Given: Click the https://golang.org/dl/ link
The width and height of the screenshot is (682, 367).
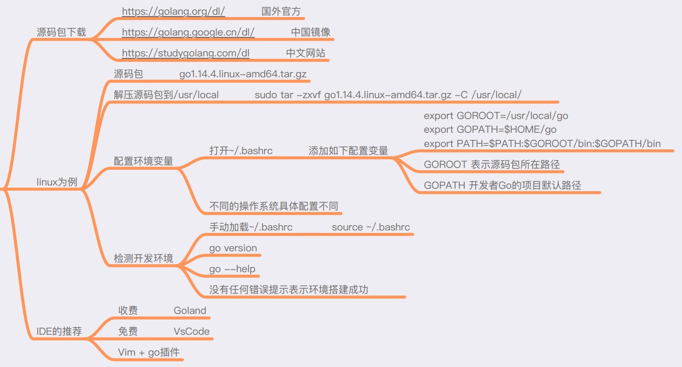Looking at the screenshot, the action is pos(173,11).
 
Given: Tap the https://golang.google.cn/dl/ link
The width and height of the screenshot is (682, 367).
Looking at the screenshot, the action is pos(188,32).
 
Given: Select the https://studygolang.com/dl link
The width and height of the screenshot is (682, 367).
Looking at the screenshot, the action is pos(185,53).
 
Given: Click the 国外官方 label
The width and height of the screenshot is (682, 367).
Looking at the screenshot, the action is pos(281,11).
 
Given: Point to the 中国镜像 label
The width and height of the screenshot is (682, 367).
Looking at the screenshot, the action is pos(311,32).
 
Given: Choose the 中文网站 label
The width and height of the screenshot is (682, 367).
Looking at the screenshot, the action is pos(305,53).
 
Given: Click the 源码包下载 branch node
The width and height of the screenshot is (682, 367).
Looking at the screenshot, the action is pos(62,32).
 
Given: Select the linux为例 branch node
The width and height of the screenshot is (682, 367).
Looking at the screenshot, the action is pos(57,182).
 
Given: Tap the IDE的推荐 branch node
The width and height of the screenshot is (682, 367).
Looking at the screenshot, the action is pos(59,331).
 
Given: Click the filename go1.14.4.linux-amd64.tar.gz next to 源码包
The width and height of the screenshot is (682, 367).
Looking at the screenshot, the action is pos(243,74).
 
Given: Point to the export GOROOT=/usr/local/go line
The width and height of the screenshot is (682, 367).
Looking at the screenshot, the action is pos(496,116).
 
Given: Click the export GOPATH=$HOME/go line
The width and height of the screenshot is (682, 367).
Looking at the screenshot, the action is pos(490,129).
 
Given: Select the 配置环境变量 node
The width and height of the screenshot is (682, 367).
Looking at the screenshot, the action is pos(143,161).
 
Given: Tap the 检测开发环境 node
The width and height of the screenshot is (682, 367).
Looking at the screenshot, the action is pos(143,258).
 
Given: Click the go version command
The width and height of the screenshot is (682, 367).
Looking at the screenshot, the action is pos(233,248).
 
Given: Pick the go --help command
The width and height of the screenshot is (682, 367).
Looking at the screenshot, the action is pos(232,269).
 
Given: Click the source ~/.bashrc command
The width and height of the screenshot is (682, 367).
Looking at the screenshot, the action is pos(371,227).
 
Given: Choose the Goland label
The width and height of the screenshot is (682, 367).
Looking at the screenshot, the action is pos(190,311).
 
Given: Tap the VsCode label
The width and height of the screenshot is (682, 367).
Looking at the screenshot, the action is pos(192,331).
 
